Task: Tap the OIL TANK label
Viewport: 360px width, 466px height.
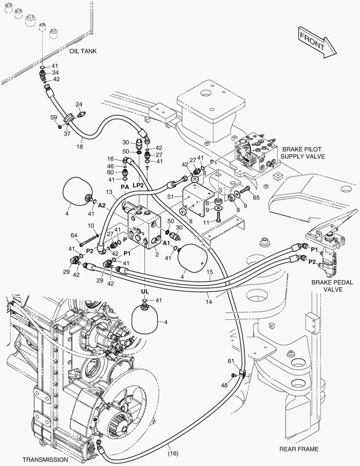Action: tap(83, 51)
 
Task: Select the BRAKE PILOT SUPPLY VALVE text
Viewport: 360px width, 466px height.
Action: tap(302, 153)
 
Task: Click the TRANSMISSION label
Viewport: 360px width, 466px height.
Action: tap(45, 460)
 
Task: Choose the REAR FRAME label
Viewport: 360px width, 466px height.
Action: tap(299, 449)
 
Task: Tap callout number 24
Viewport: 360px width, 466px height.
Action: tap(79, 104)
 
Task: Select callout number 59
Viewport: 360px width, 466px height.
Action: tap(53, 117)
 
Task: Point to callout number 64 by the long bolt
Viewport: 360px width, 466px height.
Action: tap(74, 235)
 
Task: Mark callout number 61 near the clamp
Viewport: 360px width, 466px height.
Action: tap(231, 361)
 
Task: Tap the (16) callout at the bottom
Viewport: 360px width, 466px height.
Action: tap(173, 453)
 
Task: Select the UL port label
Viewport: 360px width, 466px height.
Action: tap(144, 292)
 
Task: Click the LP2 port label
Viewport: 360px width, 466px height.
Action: tap(138, 185)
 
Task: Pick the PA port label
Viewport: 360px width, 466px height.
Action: tap(125, 187)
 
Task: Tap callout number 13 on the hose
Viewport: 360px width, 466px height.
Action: tap(109, 192)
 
